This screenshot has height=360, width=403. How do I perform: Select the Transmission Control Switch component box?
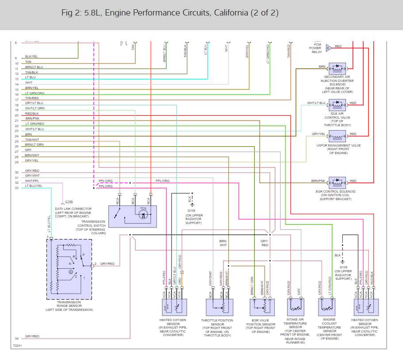tap(132, 216)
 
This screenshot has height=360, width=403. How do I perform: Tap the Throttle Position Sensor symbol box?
tap(219, 307)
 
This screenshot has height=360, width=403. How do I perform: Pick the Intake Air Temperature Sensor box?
tap(295, 306)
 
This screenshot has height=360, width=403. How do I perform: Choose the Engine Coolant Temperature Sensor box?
tap(326, 306)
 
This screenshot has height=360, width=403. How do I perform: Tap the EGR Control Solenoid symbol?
tap(337, 181)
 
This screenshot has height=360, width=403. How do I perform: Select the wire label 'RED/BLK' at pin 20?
tap(32, 113)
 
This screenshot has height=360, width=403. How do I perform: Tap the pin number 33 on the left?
tap(16, 188)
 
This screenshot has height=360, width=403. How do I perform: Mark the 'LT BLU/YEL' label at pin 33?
tap(34, 186)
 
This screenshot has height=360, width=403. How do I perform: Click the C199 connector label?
tap(69, 201)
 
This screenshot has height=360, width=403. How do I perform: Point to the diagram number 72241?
tap(17, 345)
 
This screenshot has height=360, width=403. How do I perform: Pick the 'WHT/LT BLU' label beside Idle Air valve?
tap(316, 103)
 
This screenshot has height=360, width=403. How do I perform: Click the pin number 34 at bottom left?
tap(16, 339)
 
